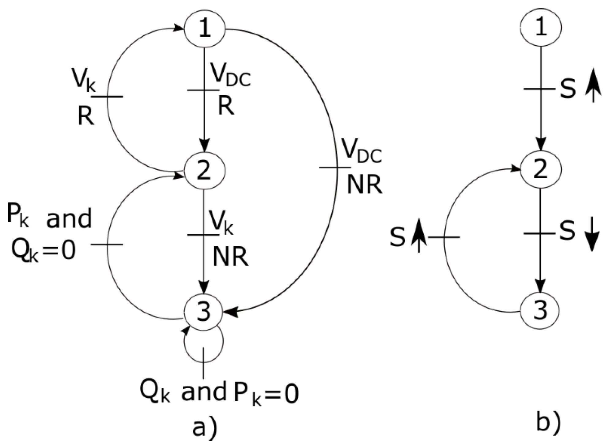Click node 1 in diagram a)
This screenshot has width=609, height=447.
204,28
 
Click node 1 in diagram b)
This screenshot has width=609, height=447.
541,28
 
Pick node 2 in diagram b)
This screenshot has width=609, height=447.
541,169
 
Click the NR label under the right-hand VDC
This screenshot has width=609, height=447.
365,185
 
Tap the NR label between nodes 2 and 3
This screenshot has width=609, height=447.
230,257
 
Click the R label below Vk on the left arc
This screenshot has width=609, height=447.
86,116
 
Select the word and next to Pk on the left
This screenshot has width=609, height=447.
69,219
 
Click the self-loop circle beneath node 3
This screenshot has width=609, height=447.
204,343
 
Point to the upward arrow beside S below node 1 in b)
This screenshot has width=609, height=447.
594,89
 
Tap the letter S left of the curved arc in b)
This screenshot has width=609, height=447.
398,237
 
